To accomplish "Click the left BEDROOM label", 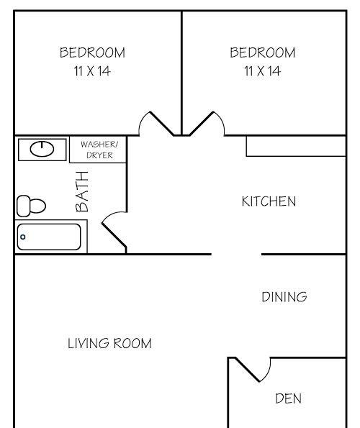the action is [92, 53].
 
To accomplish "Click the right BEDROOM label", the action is [263, 53].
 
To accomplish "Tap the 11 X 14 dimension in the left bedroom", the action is [92, 71].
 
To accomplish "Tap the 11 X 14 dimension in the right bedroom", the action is [263, 71].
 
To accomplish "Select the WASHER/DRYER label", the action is [99, 150].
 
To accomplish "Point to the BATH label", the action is [82, 191].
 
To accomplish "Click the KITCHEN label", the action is [269, 201].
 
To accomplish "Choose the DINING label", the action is [284, 297].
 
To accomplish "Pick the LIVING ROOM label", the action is [109, 343].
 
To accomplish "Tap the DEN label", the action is [289, 399].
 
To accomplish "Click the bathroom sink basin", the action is [42, 149].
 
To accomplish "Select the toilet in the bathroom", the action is [31, 206].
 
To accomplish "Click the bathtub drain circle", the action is [23, 237].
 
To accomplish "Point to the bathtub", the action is [49, 237].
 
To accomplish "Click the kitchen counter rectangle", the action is [296, 146].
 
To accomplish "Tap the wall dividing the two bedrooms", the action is [181, 73].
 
